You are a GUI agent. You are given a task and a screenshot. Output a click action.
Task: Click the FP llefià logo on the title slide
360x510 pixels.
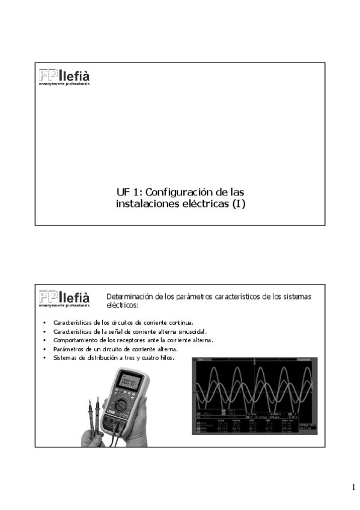64,76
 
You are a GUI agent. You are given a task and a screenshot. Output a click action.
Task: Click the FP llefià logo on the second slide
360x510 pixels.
64,297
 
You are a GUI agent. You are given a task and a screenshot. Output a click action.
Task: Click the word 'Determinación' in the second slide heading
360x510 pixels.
129,296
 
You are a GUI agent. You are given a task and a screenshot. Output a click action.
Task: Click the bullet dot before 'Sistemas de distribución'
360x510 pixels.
44,358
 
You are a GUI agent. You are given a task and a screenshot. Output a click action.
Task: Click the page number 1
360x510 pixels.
353,487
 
